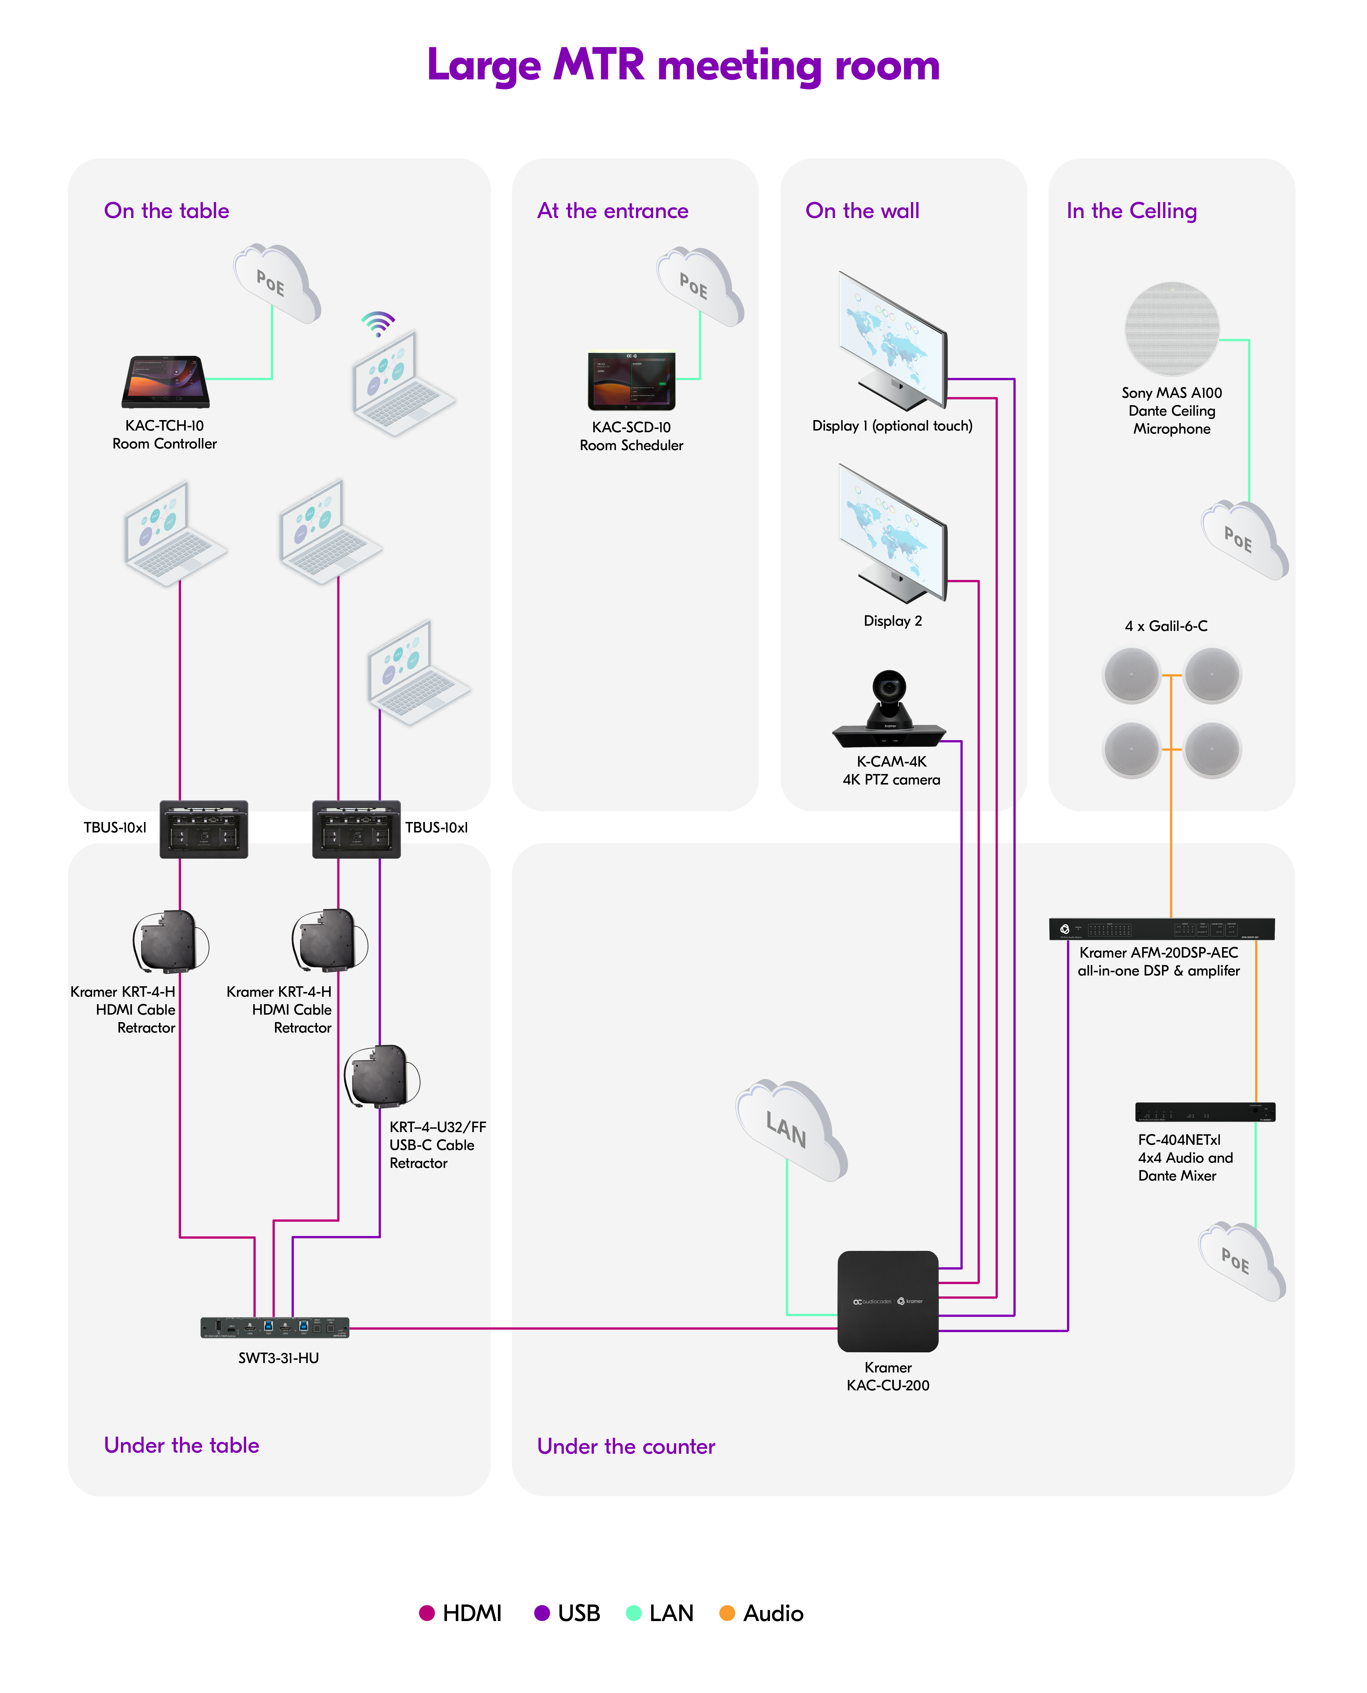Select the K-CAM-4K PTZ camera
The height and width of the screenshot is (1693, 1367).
[889, 709]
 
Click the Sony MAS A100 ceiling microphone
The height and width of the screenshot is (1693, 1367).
[1172, 328]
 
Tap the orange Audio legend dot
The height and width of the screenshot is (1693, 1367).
[727, 1613]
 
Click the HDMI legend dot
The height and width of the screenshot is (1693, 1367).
[427, 1613]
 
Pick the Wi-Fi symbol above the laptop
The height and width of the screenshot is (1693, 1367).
[378, 323]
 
